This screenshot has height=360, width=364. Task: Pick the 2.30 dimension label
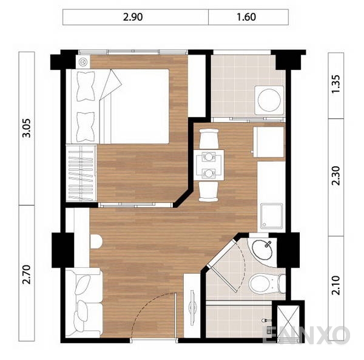(337, 177)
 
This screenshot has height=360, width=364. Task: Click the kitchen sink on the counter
(271, 215)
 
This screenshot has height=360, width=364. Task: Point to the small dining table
(209, 165)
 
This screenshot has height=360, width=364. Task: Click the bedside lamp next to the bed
(83, 61)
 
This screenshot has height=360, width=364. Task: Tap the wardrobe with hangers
(81, 171)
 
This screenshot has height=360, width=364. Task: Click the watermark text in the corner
(306, 335)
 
